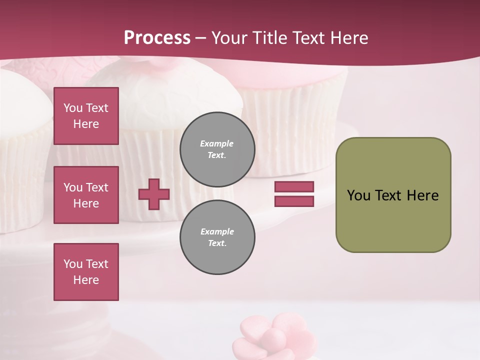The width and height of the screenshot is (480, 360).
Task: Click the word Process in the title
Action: click(x=157, y=37)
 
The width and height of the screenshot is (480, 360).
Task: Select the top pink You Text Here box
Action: click(x=86, y=116)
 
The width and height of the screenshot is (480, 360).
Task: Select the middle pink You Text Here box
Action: click(x=86, y=195)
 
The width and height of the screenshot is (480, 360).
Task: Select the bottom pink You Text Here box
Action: click(x=86, y=272)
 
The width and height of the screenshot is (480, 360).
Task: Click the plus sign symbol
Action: click(x=154, y=194)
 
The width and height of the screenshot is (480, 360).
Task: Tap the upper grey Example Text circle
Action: click(x=217, y=149)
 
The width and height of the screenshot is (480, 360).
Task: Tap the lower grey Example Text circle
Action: click(x=217, y=237)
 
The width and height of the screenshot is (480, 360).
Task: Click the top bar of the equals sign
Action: click(x=294, y=186)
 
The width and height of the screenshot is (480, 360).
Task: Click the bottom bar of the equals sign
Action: click(x=294, y=201)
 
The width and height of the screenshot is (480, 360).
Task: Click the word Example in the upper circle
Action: click(x=216, y=143)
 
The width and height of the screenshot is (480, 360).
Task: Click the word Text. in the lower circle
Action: click(x=217, y=243)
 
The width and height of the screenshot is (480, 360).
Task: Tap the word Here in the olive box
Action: click(x=422, y=195)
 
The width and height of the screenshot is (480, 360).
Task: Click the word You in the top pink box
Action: click(x=73, y=108)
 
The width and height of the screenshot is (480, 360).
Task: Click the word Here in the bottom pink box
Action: click(x=86, y=280)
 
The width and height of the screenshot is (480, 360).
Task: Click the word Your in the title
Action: click(x=229, y=38)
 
